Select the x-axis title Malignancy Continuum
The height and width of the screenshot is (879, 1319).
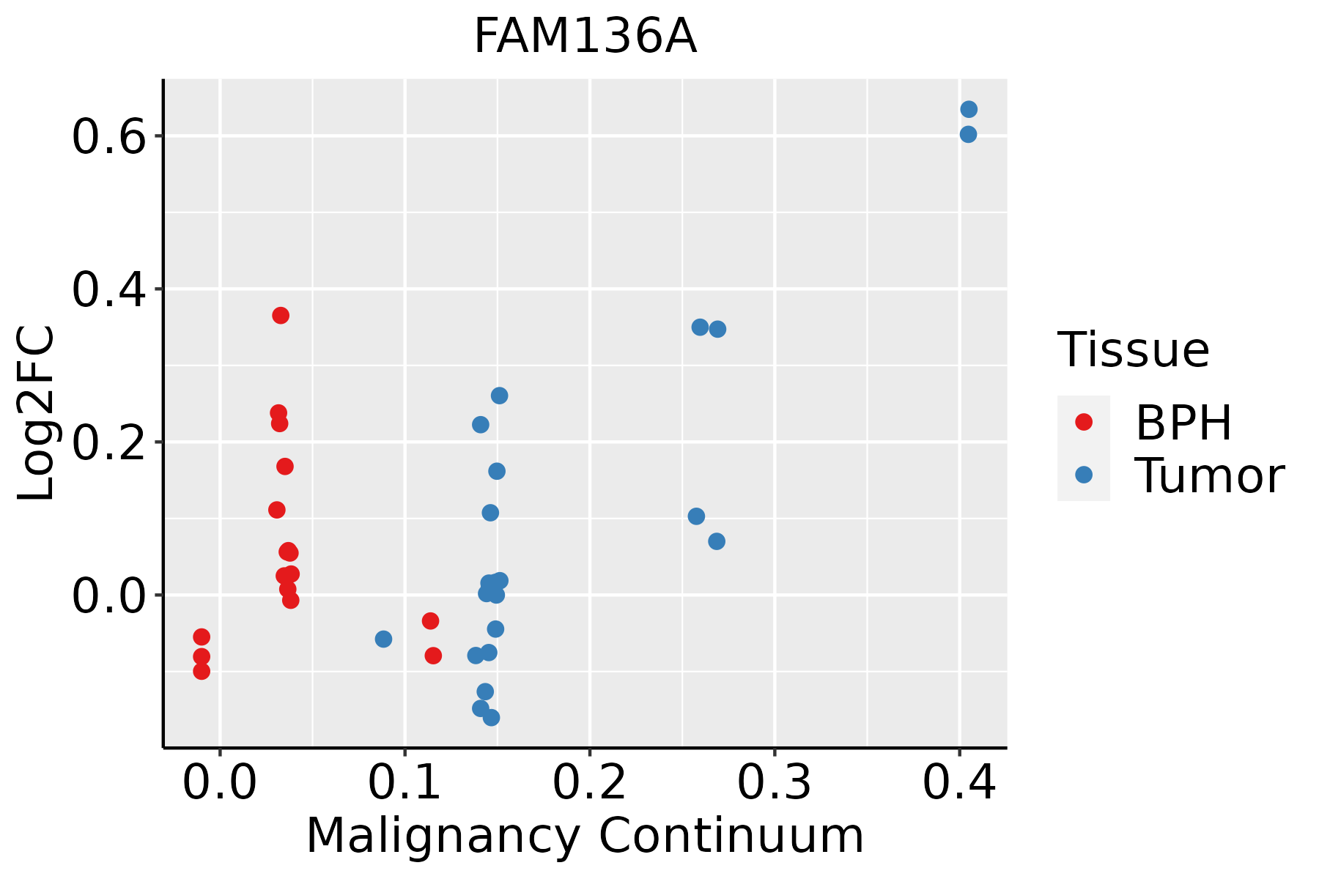tap(585, 836)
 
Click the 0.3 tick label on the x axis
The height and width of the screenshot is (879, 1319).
tap(774, 783)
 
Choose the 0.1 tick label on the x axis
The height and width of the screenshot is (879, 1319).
tap(404, 783)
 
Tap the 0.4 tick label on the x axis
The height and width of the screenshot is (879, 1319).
tap(959, 783)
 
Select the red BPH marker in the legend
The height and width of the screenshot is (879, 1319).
tap(1084, 422)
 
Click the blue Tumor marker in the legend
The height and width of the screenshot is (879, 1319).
tap(1084, 475)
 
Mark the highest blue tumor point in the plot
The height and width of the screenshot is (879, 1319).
tap(969, 109)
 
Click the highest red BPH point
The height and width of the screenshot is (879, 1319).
tap(281, 316)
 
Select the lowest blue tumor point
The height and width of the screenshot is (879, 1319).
tap(492, 718)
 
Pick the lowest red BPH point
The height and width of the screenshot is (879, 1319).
tap(202, 671)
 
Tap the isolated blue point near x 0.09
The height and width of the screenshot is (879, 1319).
tap(383, 639)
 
